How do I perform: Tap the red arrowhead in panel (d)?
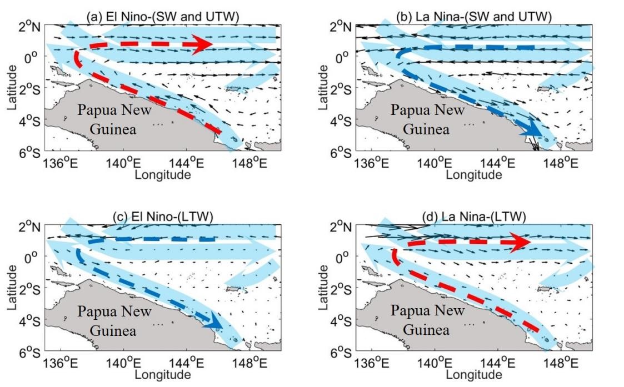(x=521, y=243)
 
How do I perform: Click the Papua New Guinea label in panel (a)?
(x=114, y=119)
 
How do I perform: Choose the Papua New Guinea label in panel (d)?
(x=427, y=319)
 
